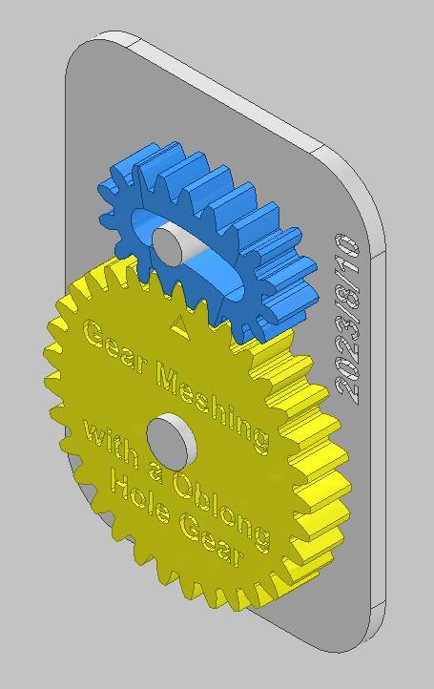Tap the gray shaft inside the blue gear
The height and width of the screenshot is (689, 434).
pos(171,242)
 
